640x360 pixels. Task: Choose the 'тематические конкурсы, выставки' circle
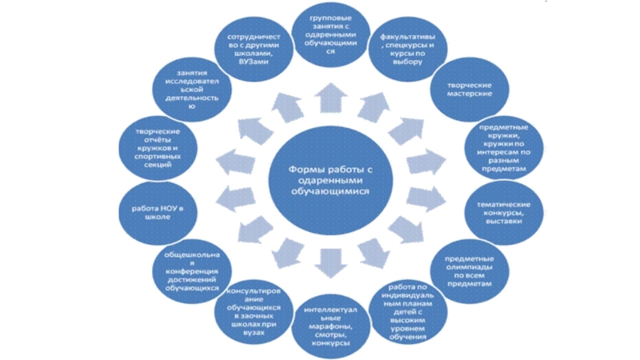(505, 212)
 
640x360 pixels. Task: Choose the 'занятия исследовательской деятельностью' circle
(189, 90)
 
